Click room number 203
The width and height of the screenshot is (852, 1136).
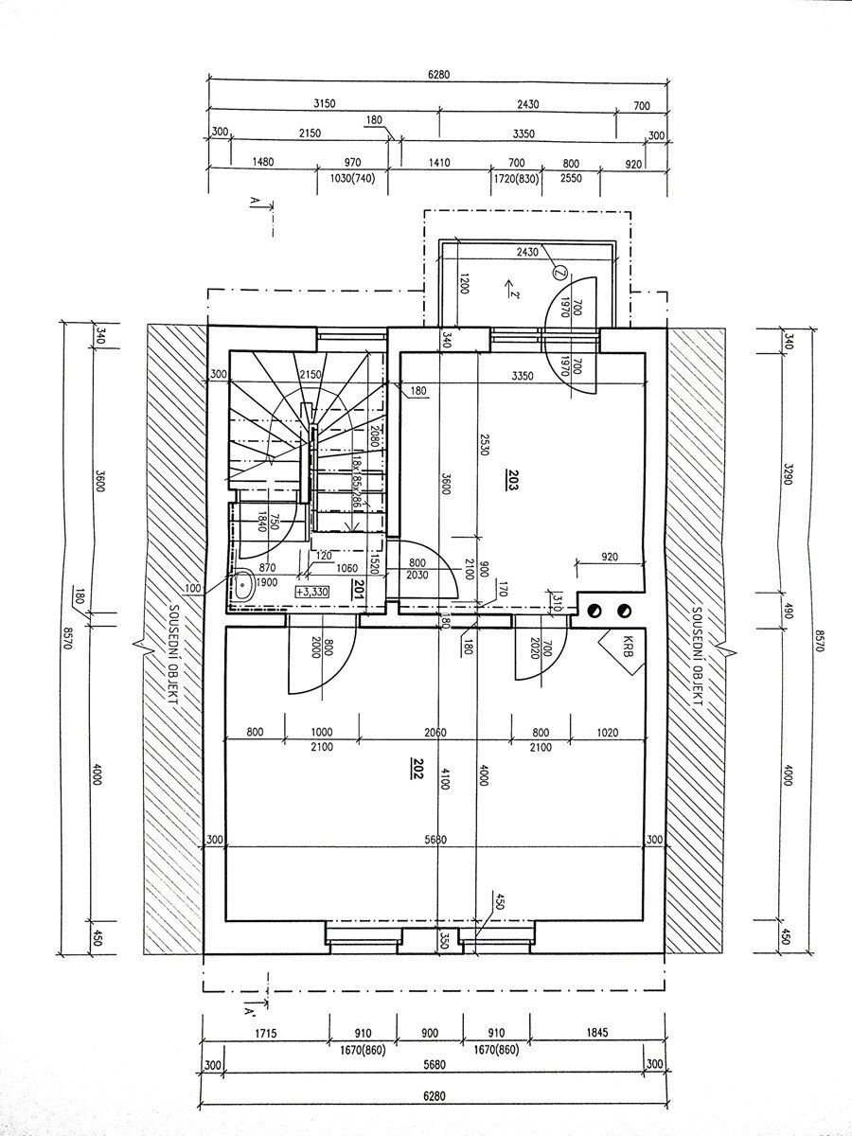click(513, 479)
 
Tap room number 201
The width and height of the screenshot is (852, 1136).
click(358, 590)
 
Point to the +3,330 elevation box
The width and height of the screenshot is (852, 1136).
click(313, 591)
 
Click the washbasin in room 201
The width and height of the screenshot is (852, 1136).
click(242, 585)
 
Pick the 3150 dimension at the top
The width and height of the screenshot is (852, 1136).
click(325, 103)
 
